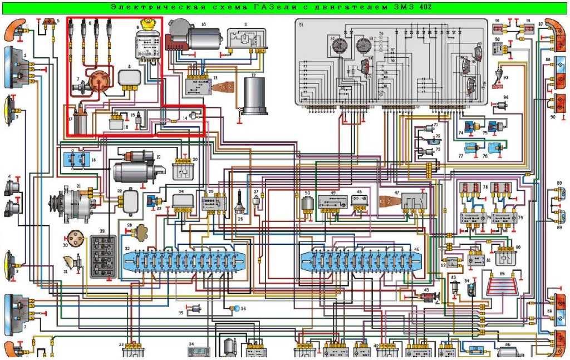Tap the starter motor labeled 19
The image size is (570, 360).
tap(136, 167)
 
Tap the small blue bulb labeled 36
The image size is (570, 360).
tap(237, 308)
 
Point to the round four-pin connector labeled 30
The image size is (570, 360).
tap(73, 236)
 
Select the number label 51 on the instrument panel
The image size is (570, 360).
tap(301, 25)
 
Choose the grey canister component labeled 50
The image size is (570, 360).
tap(307, 204)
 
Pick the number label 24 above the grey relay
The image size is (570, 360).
tap(181, 192)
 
